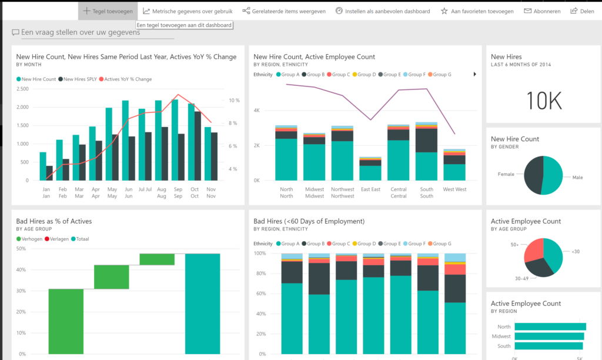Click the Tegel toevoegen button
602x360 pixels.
coord(108,11)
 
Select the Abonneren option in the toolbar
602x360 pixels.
coord(542,11)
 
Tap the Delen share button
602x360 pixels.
coord(582,11)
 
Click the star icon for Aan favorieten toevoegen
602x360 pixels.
coord(444,11)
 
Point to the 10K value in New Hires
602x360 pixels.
coord(544,101)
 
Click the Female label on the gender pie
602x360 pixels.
coord(506,174)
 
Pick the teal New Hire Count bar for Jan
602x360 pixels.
coord(43,166)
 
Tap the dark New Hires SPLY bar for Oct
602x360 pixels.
coord(198,146)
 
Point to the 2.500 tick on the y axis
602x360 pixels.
coord(22,89)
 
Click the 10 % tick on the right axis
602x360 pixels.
coord(234,100)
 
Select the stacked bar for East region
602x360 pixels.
coord(370,169)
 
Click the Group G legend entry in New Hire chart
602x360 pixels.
coord(440,75)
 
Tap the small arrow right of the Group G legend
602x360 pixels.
coord(475,74)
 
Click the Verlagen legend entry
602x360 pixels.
coord(56,239)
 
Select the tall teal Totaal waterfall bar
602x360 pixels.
coord(202,304)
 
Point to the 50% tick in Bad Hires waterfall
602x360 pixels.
coord(21,249)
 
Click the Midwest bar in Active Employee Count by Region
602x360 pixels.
coord(550,336)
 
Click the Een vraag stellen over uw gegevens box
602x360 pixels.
coord(92,32)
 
